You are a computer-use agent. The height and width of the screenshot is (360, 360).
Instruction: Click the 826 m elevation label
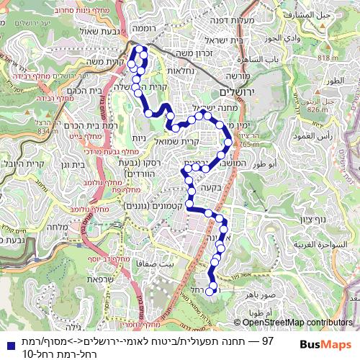[318, 110]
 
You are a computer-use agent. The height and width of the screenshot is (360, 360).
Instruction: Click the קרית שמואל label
[196, 142]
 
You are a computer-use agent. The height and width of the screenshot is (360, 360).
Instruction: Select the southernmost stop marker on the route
[210, 291]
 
